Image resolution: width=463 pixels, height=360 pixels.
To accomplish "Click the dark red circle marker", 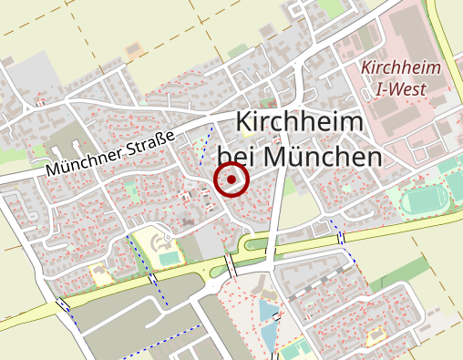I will [x=231, y=179].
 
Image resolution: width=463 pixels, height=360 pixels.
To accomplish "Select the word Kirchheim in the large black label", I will [x=300, y=123].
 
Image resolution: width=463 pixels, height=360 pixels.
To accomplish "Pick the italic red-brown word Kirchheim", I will [x=401, y=68].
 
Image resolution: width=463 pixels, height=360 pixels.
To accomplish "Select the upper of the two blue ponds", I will [x=265, y=311].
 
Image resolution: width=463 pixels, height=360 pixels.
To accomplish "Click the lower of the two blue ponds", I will [x=270, y=337].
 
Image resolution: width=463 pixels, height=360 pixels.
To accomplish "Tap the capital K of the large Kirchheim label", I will [x=243, y=124].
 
